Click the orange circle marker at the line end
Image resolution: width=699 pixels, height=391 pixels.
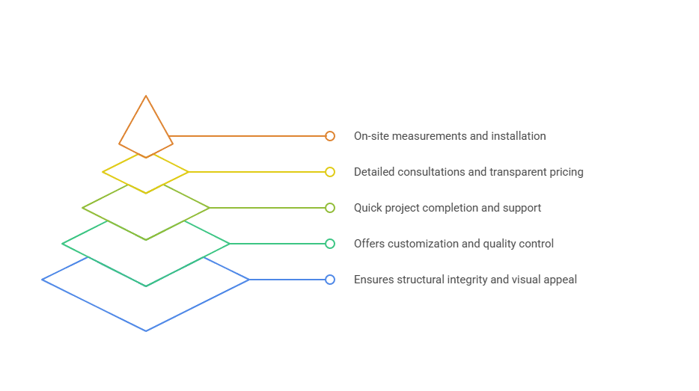tap(330, 136)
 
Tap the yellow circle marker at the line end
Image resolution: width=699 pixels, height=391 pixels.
tap(330, 172)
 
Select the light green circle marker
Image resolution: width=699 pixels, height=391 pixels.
tap(330, 208)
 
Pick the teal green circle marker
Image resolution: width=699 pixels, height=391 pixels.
tap(330, 244)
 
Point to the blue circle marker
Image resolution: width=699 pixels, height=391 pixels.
tap(330, 280)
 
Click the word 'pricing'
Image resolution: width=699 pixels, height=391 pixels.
tap(566, 172)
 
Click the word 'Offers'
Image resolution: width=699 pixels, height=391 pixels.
tap(370, 244)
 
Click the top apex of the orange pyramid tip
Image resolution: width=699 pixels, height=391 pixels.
tap(146, 96)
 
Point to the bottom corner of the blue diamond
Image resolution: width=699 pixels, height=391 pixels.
tap(146, 330)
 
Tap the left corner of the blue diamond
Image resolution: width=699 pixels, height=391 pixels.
tap(43, 280)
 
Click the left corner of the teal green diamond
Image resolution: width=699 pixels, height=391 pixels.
tap(63, 244)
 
